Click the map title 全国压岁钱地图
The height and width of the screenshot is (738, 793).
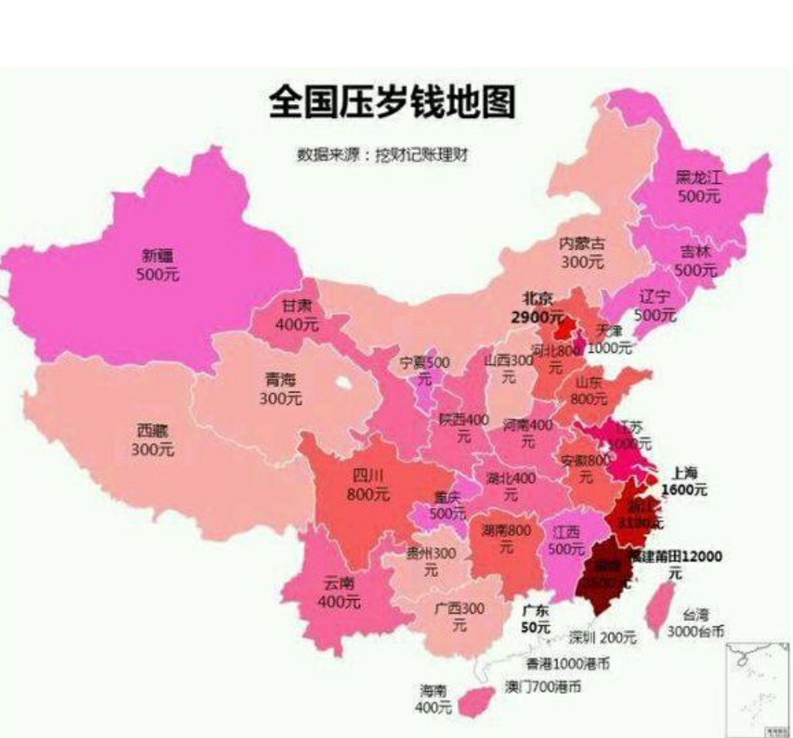392,104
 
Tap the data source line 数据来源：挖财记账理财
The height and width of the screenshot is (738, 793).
384,154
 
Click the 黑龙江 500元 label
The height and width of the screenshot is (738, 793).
699,188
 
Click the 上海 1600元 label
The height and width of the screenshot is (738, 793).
684,481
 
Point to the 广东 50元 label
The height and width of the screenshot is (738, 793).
536,618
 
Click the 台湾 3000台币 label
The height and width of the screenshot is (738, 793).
695,623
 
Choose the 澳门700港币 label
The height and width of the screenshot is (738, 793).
543,687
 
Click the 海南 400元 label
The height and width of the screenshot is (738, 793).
433,699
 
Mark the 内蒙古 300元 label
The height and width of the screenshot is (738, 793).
582,252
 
